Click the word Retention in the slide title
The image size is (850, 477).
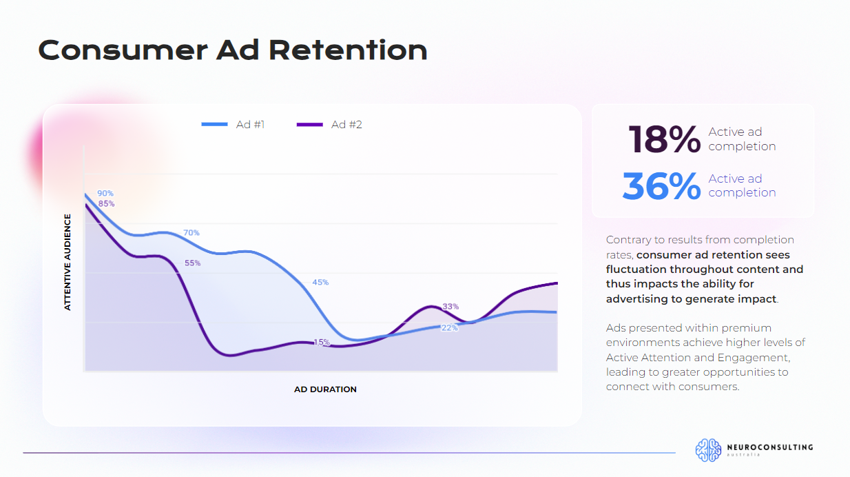tap(348, 50)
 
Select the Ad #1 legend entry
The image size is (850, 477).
tap(234, 125)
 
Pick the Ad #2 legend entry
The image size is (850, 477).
tap(330, 125)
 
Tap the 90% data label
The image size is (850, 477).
tap(105, 194)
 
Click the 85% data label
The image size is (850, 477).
tap(106, 204)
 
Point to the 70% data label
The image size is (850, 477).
tap(191, 233)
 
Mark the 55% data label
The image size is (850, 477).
tap(192, 263)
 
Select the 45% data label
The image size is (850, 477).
tap(320, 283)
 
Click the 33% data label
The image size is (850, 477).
tap(450, 307)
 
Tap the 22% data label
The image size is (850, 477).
tap(449, 328)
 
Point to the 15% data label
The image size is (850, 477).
tap(322, 343)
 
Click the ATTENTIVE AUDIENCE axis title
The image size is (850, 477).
tap(68, 262)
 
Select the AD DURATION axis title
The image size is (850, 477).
tap(325, 389)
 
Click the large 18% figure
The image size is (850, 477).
tap(664, 139)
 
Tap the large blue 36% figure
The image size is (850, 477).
tap(661, 186)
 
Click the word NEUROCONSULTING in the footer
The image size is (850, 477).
tap(770, 447)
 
